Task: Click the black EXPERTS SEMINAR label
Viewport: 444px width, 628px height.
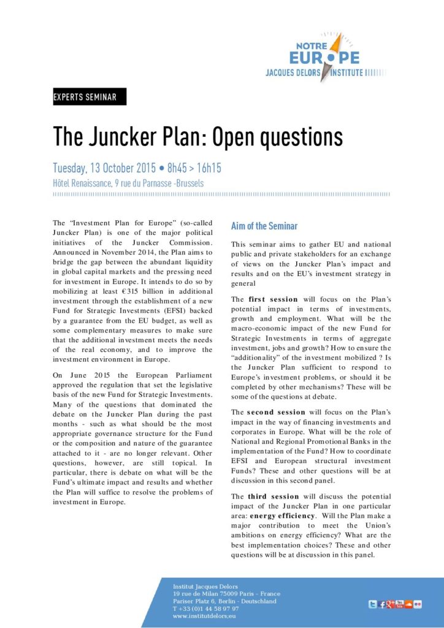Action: click(90, 96)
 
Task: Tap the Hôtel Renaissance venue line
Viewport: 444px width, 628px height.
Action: click(128, 183)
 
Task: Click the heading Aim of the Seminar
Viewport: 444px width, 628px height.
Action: click(264, 226)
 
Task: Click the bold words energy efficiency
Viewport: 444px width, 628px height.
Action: click(284, 516)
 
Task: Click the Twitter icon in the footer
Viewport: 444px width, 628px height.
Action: click(372, 605)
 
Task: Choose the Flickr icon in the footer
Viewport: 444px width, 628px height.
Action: click(418, 605)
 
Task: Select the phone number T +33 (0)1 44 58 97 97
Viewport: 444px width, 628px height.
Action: click(206, 608)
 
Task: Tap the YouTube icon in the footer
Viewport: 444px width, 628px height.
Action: click(400, 604)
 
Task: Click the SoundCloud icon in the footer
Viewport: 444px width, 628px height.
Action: click(408, 605)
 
